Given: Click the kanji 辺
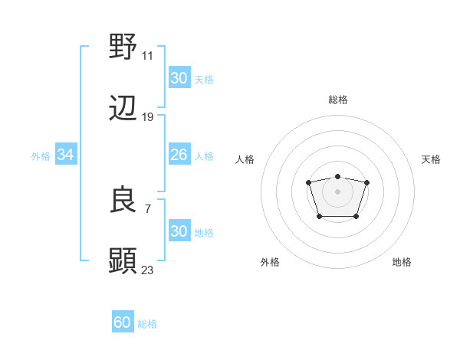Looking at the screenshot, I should pyautogui.click(x=123, y=109).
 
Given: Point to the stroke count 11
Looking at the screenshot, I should pyautogui.click(x=148, y=55).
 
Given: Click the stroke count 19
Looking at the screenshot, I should pyautogui.click(x=148, y=117).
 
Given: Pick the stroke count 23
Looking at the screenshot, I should pyautogui.click(x=148, y=270).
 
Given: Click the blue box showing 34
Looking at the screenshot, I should pyautogui.click(x=65, y=155).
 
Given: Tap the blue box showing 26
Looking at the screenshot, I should pyautogui.click(x=179, y=155).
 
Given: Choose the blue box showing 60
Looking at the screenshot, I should pyautogui.click(x=123, y=322).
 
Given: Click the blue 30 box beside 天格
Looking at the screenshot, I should pyautogui.click(x=179, y=78).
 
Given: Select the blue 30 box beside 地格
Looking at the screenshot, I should pyautogui.click(x=179, y=231).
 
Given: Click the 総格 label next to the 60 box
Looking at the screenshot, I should pyautogui.click(x=147, y=324).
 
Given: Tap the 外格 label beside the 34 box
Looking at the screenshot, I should pyautogui.click(x=41, y=156).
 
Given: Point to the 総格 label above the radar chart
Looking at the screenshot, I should pyautogui.click(x=337, y=100).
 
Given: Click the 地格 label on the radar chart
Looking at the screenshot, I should pyautogui.click(x=402, y=263).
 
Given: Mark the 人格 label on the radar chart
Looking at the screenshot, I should pyautogui.click(x=245, y=159).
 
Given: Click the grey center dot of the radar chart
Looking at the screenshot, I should pyautogui.click(x=337, y=191).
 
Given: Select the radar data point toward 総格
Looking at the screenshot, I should pyautogui.click(x=337, y=176).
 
